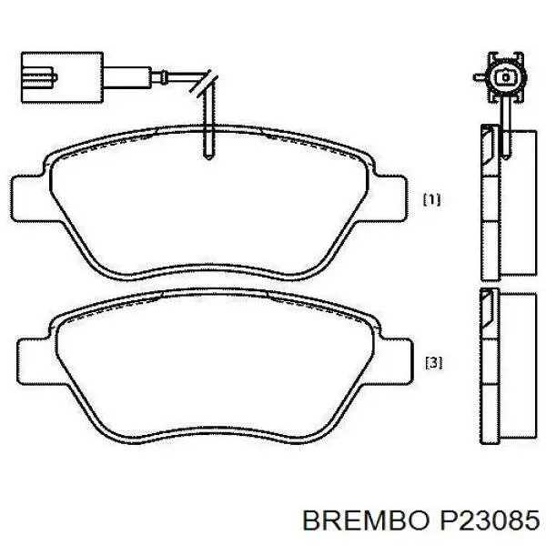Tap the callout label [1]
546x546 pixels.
tap(432, 199)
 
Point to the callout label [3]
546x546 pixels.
tap(433, 362)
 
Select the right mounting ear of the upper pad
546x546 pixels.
tap(392, 196)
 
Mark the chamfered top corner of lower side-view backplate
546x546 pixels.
tap(486, 300)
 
